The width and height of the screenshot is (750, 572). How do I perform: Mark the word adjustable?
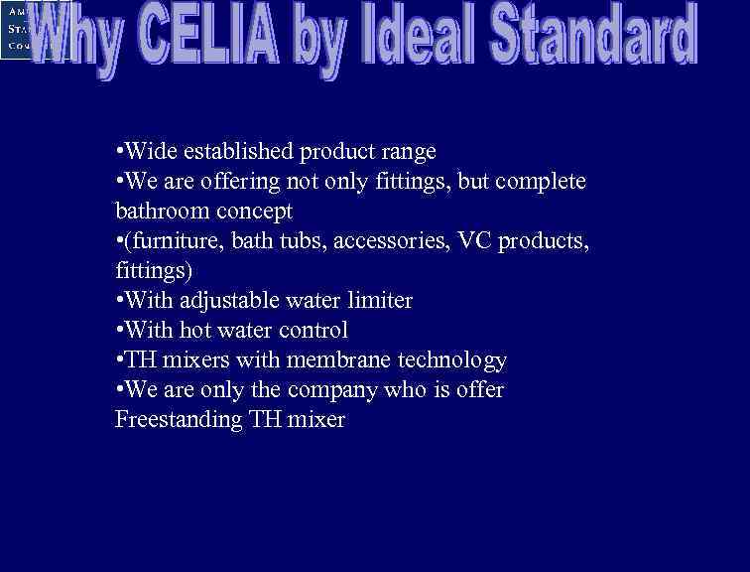(231, 301)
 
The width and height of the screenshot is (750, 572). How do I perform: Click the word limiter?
(378, 300)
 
